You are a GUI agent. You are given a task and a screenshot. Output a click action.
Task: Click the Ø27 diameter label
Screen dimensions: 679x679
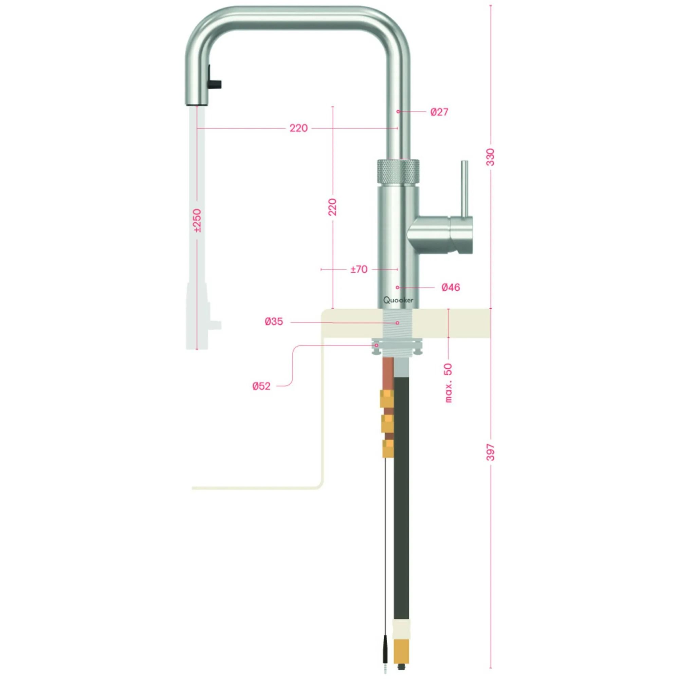tap(439, 112)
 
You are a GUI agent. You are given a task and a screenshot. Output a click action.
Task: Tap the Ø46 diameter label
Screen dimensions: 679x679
tap(451, 288)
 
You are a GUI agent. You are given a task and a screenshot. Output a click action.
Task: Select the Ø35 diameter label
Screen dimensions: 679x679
tap(274, 322)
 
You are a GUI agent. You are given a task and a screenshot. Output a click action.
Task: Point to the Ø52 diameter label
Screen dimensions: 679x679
tap(261, 386)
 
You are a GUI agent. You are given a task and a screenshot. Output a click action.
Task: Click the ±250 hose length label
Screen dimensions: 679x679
tap(197, 221)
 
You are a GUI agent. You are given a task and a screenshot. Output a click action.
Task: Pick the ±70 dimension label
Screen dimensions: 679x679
tap(359, 270)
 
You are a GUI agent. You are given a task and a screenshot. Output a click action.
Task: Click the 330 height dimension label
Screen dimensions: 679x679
tap(491, 157)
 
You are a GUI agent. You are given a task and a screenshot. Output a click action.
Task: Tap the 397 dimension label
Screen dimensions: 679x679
tap(491, 452)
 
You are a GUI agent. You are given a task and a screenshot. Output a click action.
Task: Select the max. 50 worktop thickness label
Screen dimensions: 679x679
tap(448, 383)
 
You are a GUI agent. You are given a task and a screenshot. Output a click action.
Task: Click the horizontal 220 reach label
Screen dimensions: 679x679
tap(298, 128)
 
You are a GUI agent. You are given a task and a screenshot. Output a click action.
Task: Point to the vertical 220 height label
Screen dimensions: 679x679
tap(332, 207)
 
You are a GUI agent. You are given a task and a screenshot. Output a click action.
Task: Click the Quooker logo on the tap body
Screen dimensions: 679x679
tap(398, 300)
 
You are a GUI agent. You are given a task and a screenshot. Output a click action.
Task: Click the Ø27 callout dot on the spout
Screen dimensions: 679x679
tap(398, 112)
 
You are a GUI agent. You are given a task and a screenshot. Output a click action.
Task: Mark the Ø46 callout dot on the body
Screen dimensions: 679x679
tap(398, 288)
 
